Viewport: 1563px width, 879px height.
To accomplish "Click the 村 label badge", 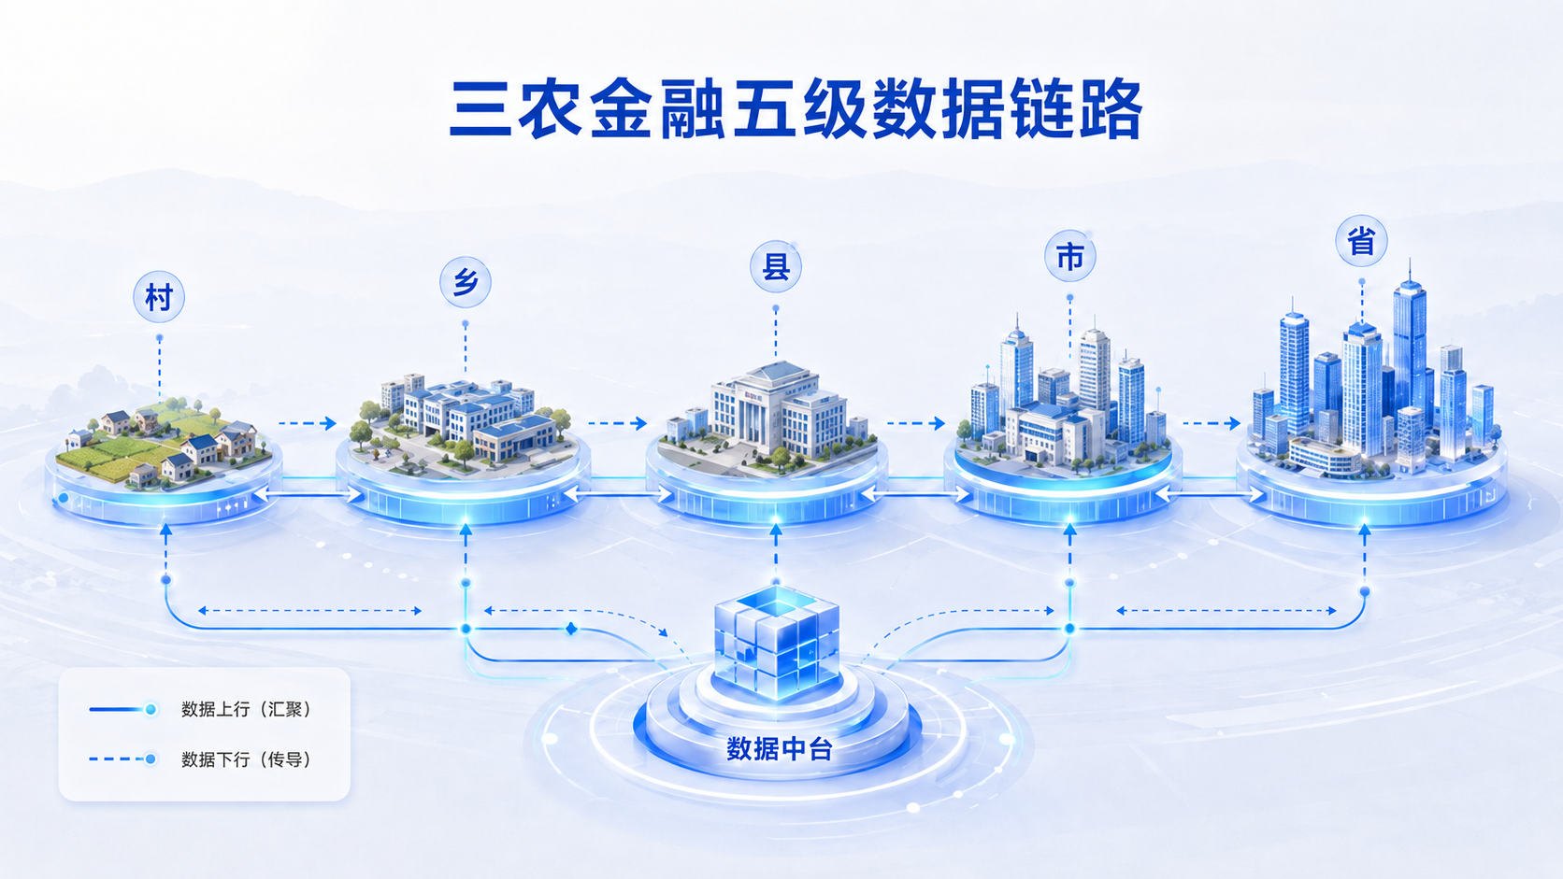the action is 159,297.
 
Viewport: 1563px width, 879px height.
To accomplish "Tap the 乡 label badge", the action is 466,282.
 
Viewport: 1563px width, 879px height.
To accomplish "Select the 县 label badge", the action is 776,267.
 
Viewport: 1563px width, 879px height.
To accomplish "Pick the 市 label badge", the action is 1070,257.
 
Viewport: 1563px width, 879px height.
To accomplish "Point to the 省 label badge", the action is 1361,241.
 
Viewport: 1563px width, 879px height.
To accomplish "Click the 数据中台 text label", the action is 780,749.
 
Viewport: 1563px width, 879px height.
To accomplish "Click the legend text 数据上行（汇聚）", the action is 246,710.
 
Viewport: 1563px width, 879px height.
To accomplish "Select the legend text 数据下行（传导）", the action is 246,759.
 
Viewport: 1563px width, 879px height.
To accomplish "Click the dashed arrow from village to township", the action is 307,423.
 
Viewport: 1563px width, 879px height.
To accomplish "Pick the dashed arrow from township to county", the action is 618,423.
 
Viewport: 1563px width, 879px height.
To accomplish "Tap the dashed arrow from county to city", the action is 916,423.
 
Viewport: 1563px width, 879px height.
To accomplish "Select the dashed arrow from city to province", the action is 1212,423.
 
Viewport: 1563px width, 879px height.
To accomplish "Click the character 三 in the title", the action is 480,110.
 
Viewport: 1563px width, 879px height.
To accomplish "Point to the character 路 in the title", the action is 1111,110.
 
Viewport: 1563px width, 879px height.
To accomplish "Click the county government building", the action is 777,411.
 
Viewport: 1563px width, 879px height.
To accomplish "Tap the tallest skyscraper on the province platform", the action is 1410,356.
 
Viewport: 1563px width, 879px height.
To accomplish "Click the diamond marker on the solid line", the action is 571,629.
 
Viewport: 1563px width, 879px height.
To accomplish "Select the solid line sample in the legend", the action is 122,710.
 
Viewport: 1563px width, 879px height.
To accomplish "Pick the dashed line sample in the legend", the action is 122,759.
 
